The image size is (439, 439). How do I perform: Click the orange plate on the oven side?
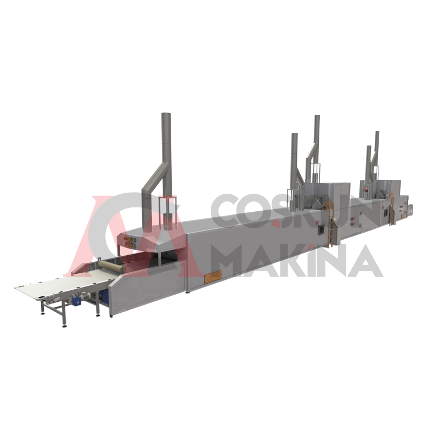point(213,277)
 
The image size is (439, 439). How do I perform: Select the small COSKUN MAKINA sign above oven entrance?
point(130,243)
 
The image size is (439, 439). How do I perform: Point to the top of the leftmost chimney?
point(166,114)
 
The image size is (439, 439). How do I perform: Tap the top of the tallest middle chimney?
point(317,116)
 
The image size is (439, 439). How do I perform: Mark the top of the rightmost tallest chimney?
point(377,132)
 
